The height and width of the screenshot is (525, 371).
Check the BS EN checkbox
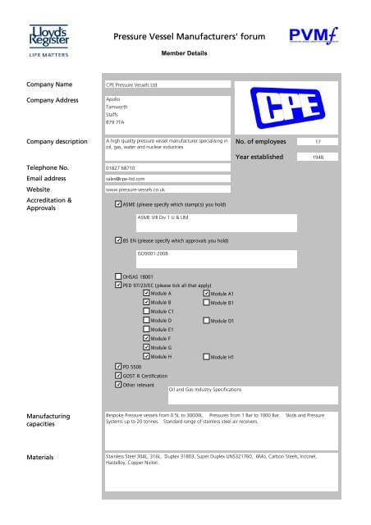pyautogui.click(x=117, y=242)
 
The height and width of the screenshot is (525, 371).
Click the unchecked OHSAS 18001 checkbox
pyautogui.click(x=117, y=277)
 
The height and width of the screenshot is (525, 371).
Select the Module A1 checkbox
pyautogui.click(x=206, y=293)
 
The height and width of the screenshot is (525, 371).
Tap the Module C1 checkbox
pyautogui.click(x=147, y=312)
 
